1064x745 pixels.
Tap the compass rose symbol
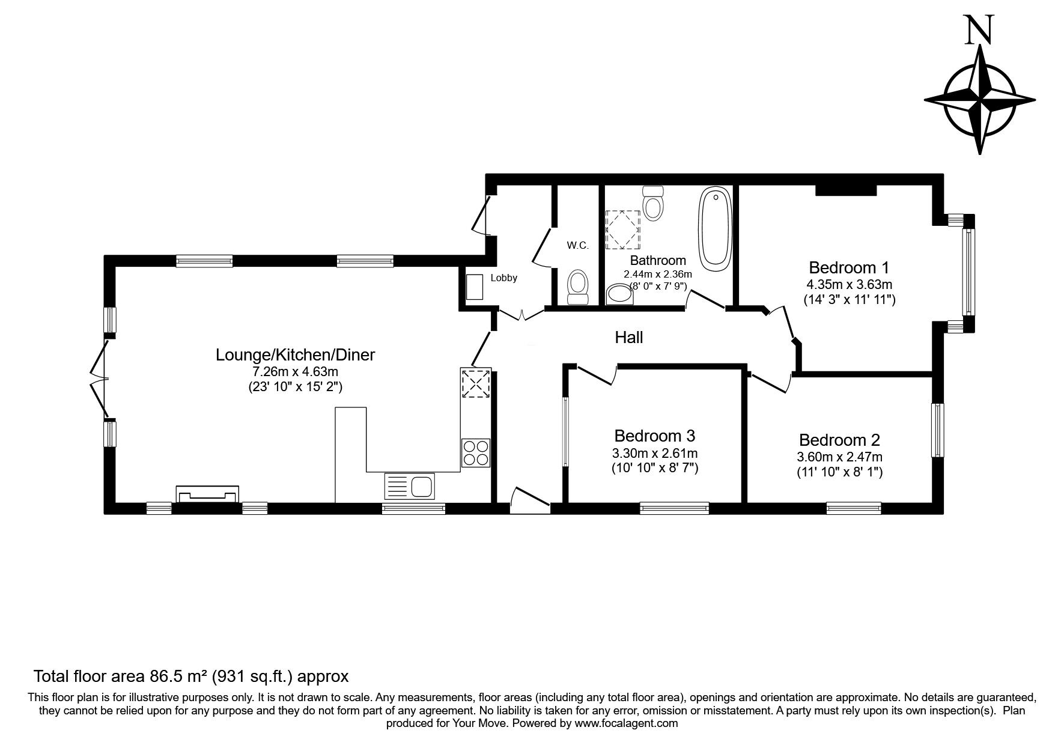(980, 100)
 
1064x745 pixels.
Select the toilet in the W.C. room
(577, 287)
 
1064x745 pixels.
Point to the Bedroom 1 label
(848, 267)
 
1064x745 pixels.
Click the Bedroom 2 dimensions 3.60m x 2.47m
(840, 457)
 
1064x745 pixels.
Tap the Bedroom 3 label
(654, 435)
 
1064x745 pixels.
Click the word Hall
(628, 337)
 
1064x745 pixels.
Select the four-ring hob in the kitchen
(476, 452)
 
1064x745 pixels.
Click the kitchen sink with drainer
(409, 485)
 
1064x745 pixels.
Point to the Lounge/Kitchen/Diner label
(295, 354)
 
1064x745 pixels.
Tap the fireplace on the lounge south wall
(207, 494)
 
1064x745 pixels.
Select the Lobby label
(503, 278)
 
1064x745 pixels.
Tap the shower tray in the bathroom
(622, 229)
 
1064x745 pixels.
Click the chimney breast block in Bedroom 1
(845, 190)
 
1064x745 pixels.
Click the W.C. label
(577, 245)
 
